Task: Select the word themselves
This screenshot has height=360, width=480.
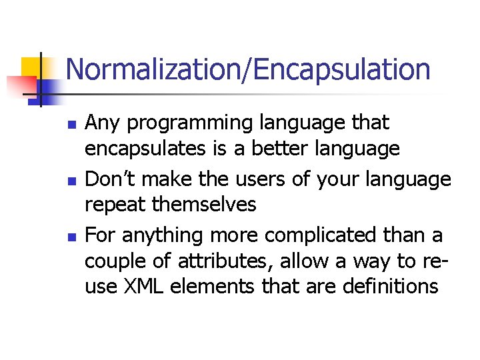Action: pos(205,204)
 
